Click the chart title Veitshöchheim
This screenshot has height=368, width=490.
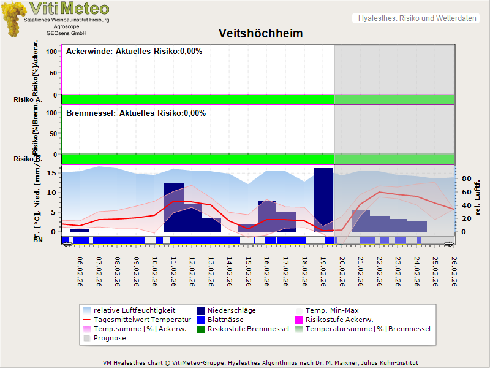click(261, 33)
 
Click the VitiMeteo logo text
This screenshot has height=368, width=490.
click(69, 9)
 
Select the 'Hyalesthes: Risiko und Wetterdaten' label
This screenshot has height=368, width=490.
click(417, 18)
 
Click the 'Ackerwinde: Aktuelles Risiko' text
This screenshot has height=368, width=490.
click(134, 52)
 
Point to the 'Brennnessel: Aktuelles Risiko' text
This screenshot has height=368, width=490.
click(136, 113)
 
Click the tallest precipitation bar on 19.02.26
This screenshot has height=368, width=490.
click(323, 199)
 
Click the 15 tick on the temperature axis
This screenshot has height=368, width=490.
click(52, 173)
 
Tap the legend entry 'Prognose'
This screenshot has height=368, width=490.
click(110, 338)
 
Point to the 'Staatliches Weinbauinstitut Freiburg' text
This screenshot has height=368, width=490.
click(66, 20)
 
